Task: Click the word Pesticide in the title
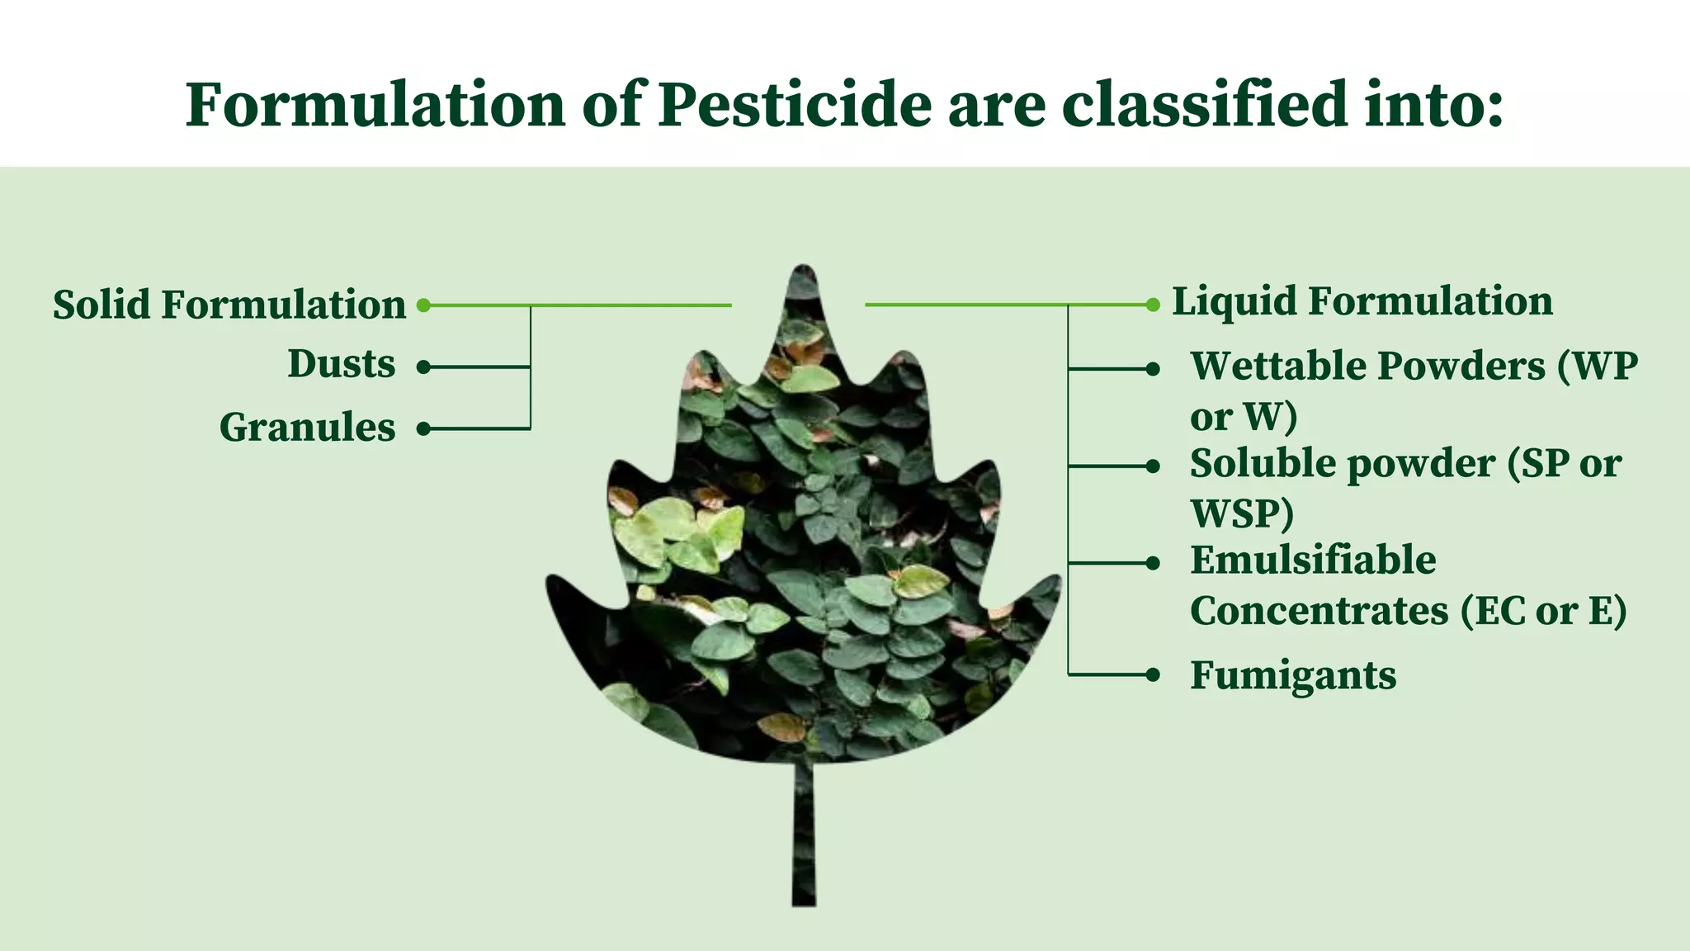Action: tap(794, 105)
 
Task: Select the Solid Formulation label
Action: tap(229, 305)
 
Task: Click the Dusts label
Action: tap(342, 364)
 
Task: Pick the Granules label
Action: tap(307, 428)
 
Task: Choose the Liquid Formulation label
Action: tap(1362, 301)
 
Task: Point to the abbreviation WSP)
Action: tap(1242, 513)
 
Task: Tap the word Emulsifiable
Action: tap(1313, 561)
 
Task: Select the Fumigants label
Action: tap(1293, 675)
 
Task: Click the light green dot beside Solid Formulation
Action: tap(423, 305)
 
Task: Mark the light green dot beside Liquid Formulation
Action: tap(1153, 305)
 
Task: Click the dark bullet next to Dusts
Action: tap(423, 367)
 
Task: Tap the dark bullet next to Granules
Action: tap(423, 428)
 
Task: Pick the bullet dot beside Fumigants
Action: tap(1153, 675)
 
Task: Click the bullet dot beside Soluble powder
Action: tap(1153, 466)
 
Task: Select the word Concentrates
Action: tap(1319, 612)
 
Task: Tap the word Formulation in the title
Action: tap(375, 105)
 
